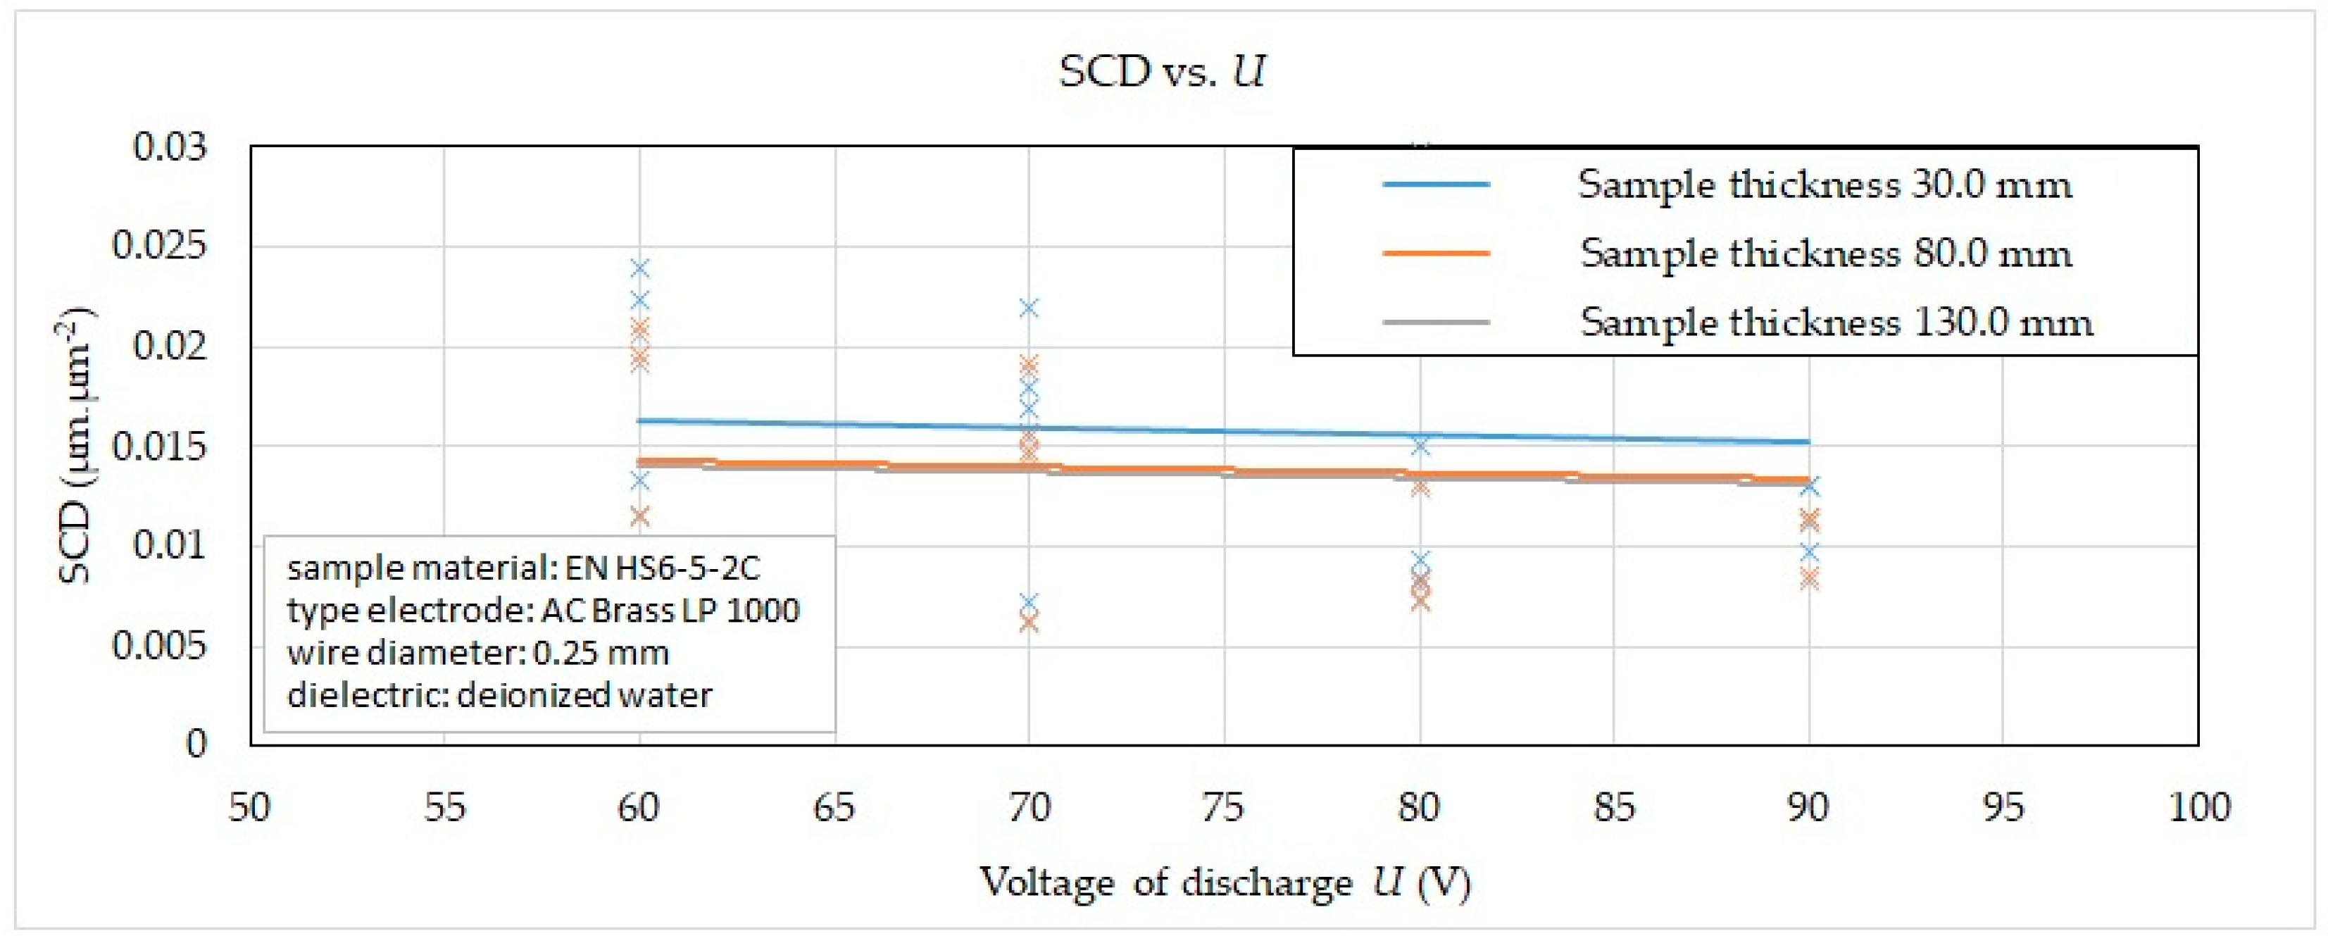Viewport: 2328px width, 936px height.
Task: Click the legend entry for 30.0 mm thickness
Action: pos(1824,185)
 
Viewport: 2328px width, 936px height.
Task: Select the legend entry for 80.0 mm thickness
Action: pos(1825,254)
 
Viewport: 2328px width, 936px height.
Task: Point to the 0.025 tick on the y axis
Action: pos(159,246)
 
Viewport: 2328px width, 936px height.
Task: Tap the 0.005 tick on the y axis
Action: pos(159,646)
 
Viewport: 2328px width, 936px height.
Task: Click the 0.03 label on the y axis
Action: pos(170,146)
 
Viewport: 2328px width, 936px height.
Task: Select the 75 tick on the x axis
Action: pos(1222,807)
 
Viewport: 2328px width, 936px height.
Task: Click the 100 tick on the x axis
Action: pos(2198,807)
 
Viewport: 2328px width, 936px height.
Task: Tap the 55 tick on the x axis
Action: pos(444,807)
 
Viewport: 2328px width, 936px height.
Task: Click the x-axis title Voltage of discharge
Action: pos(1225,882)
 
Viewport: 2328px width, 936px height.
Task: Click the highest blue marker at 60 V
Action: pos(640,268)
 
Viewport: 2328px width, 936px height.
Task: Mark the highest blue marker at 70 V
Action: pos(1028,308)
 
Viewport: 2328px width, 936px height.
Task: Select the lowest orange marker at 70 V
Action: pos(1028,623)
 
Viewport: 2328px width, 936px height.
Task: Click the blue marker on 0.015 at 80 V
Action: pos(1420,445)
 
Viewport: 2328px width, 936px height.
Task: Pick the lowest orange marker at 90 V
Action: pos(1808,579)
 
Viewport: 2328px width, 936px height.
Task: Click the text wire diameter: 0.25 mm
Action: pos(478,652)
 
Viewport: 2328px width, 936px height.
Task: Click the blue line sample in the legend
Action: pos(1435,185)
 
